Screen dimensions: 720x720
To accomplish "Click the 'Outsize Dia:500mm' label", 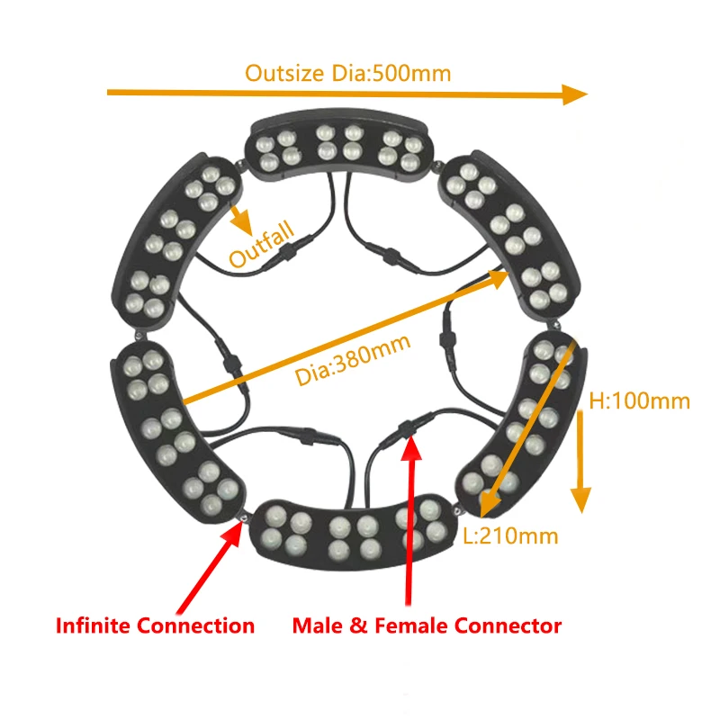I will (347, 73).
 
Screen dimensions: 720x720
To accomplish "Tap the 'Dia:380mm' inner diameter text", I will (352, 359).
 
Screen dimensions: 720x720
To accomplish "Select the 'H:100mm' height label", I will (639, 400).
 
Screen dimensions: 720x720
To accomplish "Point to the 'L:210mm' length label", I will (510, 536).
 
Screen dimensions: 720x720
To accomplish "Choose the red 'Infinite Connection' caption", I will (156, 625).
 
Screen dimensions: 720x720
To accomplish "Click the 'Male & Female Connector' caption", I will (427, 625).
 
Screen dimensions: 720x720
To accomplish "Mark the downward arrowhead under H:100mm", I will (581, 499).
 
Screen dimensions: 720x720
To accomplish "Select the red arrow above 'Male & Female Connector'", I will (410, 522).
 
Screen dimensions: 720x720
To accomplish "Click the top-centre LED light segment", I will (337, 147).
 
